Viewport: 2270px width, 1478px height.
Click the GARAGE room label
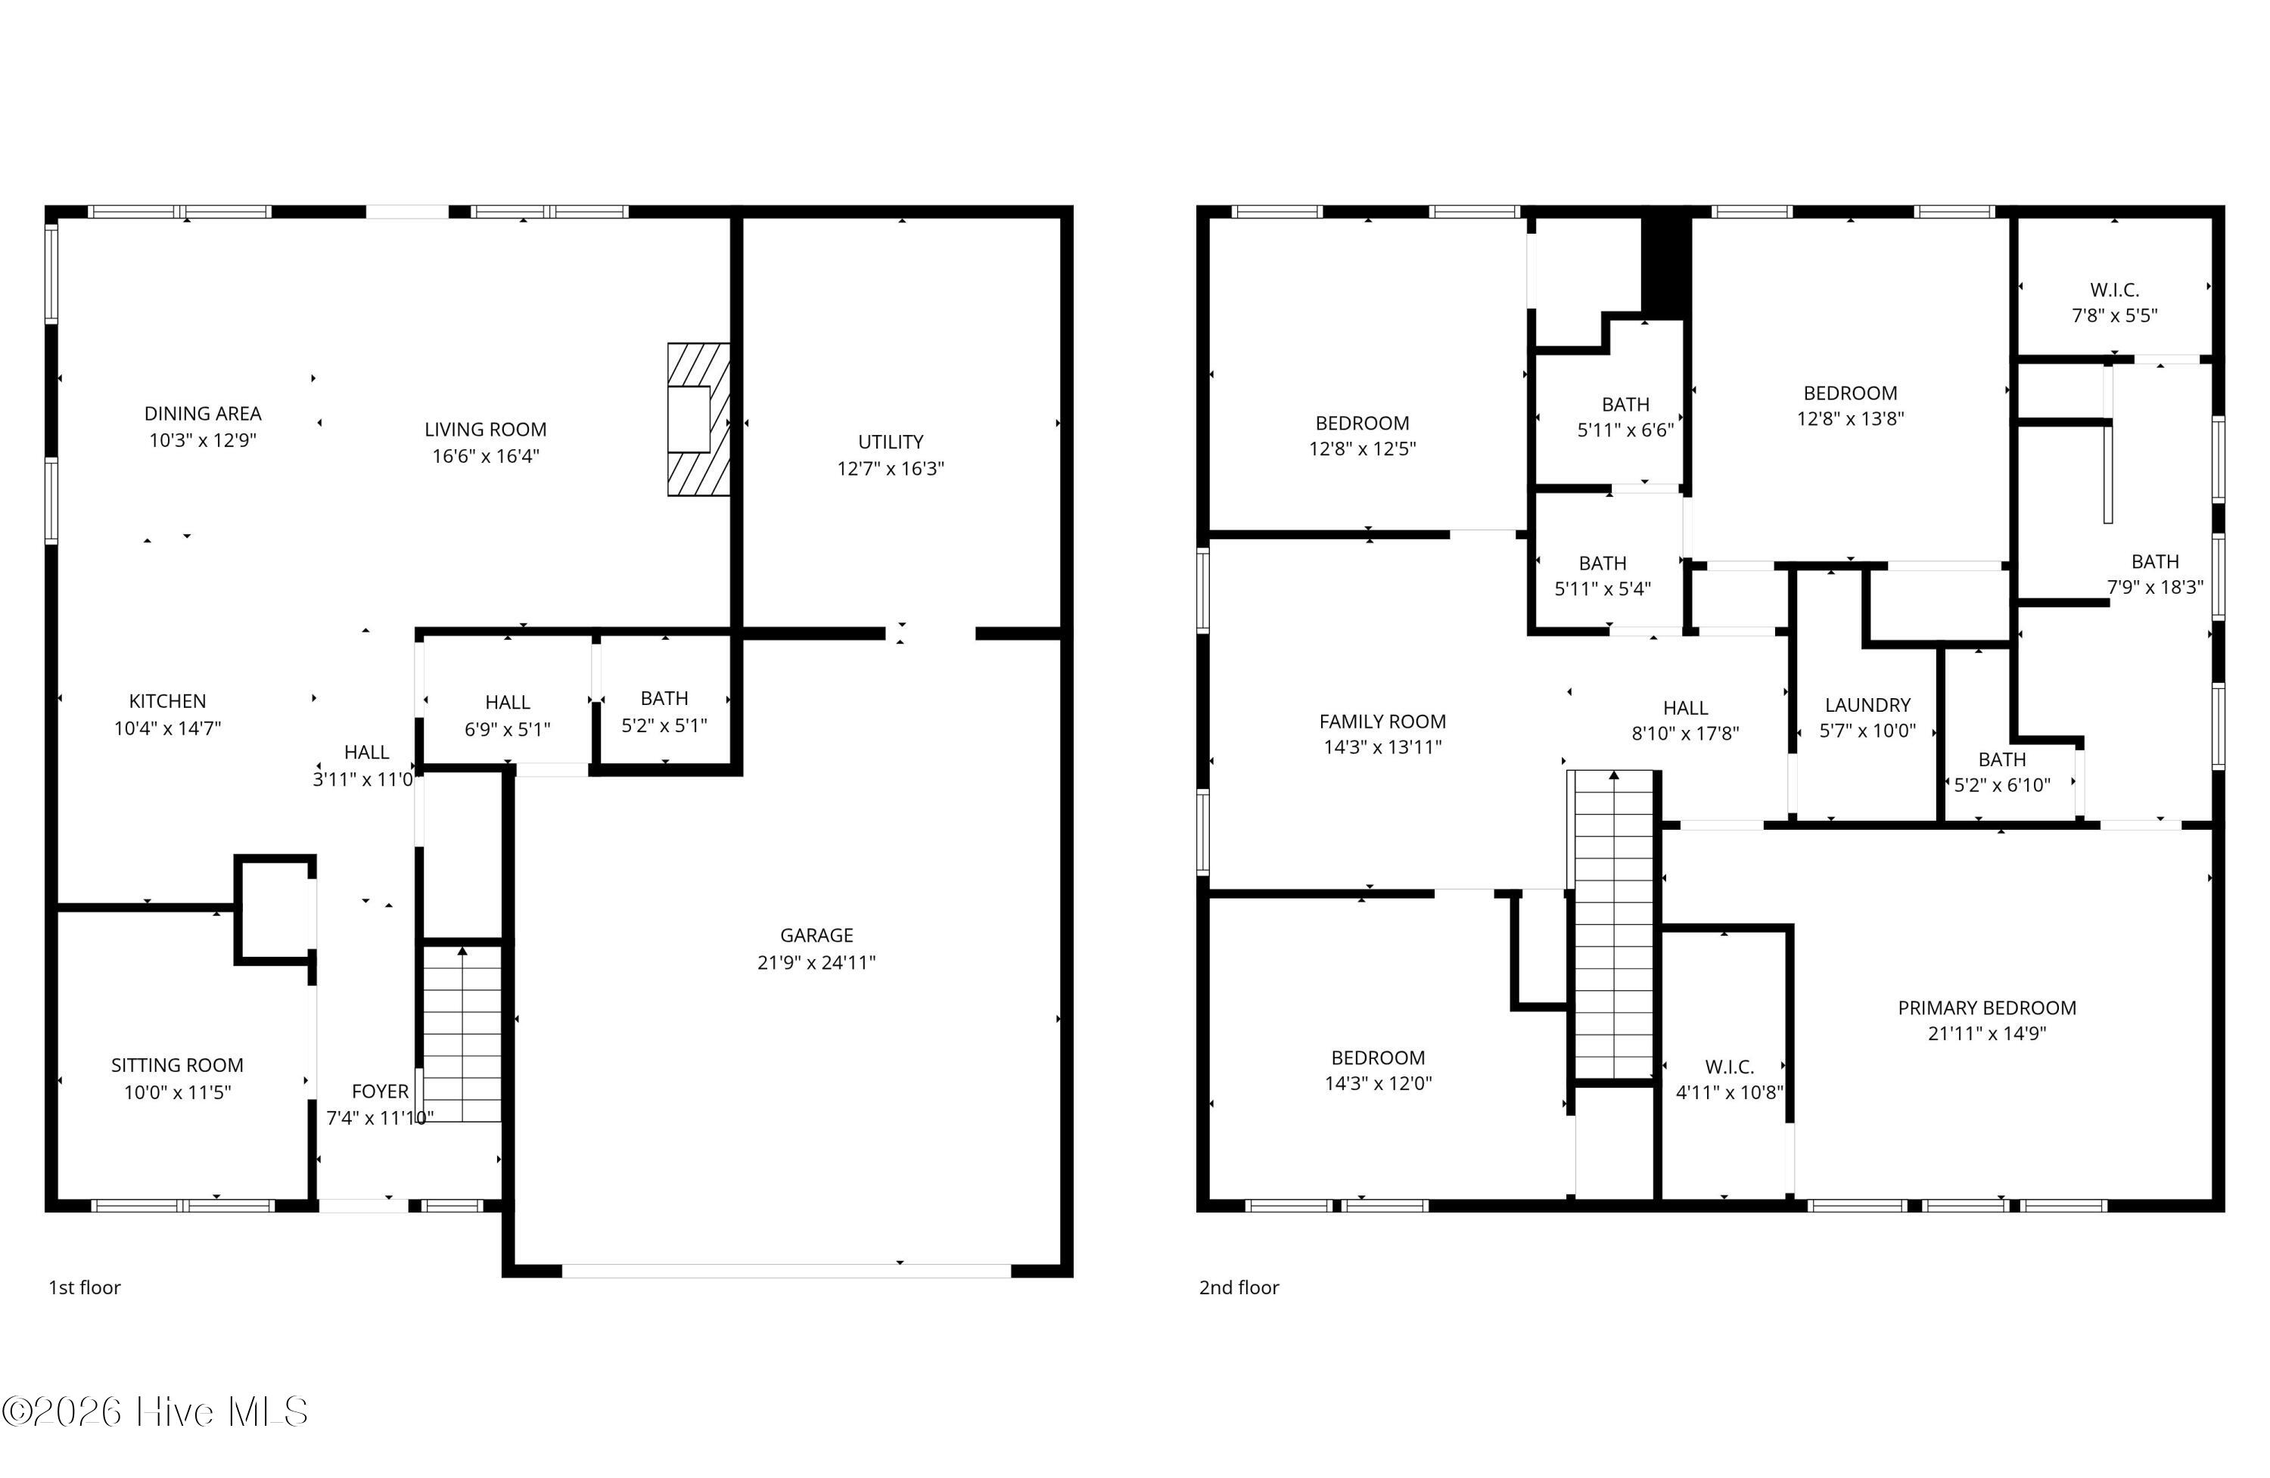[x=816, y=936]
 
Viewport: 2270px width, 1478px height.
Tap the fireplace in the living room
[x=698, y=420]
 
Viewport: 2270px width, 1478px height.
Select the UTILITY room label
[x=891, y=442]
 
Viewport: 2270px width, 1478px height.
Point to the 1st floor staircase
[x=462, y=1032]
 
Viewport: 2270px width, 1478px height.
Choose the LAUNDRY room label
[x=1867, y=705]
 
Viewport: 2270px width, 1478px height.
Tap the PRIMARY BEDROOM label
[x=1987, y=1008]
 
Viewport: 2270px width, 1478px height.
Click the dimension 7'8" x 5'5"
[x=2115, y=315]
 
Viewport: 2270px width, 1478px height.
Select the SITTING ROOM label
[x=177, y=1065]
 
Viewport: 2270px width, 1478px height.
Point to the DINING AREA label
[x=202, y=413]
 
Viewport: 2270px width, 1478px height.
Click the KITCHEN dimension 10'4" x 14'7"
[x=168, y=728]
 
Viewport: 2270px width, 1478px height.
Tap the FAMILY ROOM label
[x=1382, y=722]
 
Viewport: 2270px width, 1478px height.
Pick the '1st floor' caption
[x=85, y=1287]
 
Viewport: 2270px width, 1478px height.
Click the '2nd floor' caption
[x=1239, y=1287]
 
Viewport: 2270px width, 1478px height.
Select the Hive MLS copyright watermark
[x=154, y=1411]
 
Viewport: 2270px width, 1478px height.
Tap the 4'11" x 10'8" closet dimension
[x=1729, y=1091]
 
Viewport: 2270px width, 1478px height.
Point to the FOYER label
[x=380, y=1091]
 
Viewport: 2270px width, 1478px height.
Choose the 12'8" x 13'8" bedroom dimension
[x=1850, y=418]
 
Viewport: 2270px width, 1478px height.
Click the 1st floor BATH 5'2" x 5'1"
[x=665, y=711]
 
